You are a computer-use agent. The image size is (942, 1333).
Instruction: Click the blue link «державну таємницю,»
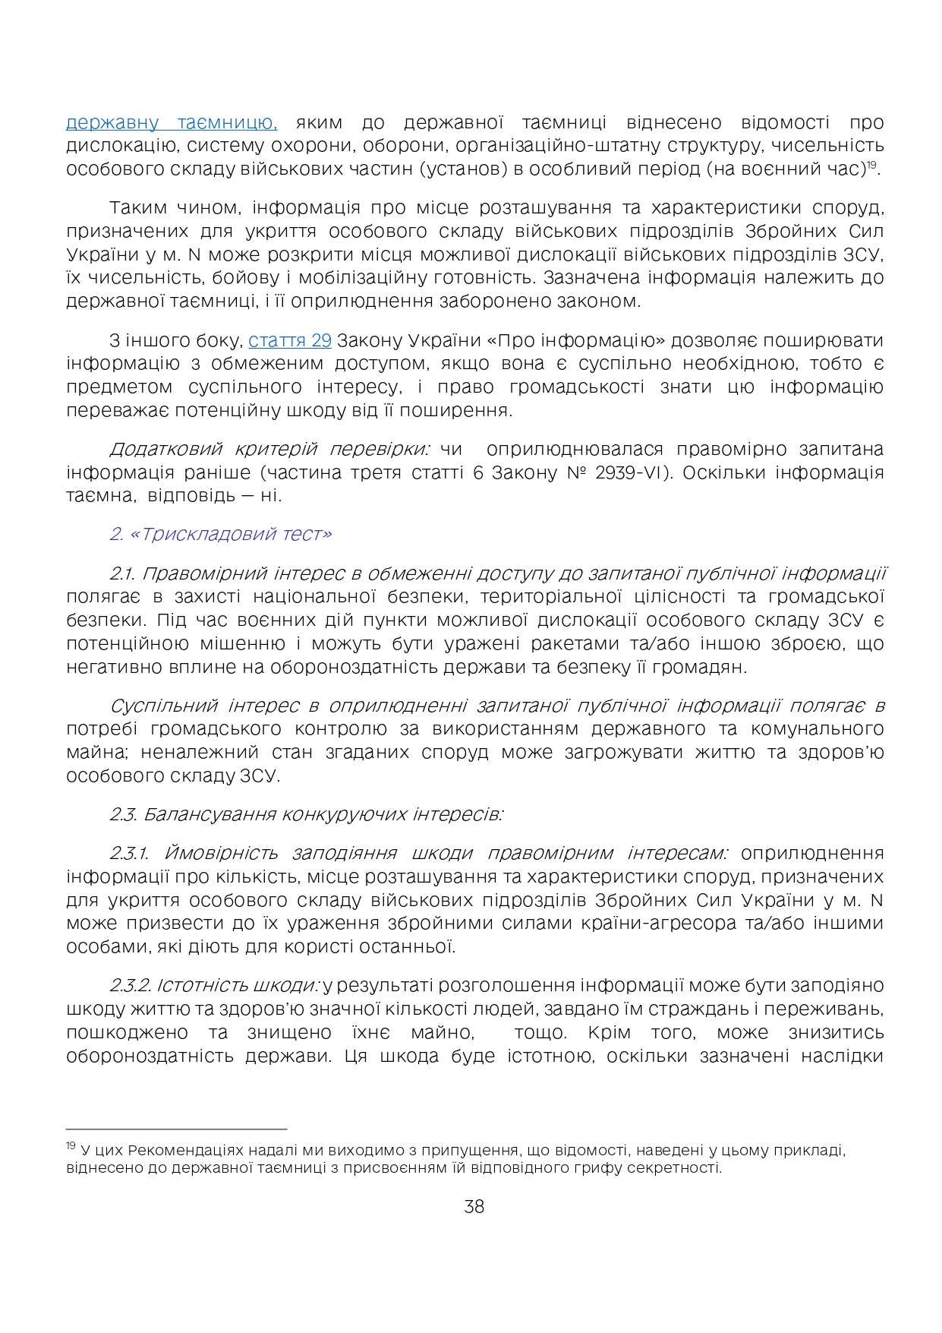tap(171, 122)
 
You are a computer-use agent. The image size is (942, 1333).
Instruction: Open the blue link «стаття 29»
tap(290, 340)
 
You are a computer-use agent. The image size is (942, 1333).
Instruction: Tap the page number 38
tap(474, 1207)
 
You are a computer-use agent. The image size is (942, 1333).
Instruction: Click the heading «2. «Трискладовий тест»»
tap(220, 534)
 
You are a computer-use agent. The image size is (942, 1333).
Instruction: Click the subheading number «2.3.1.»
tap(131, 853)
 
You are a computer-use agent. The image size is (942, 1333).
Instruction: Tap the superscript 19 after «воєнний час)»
tap(874, 164)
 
